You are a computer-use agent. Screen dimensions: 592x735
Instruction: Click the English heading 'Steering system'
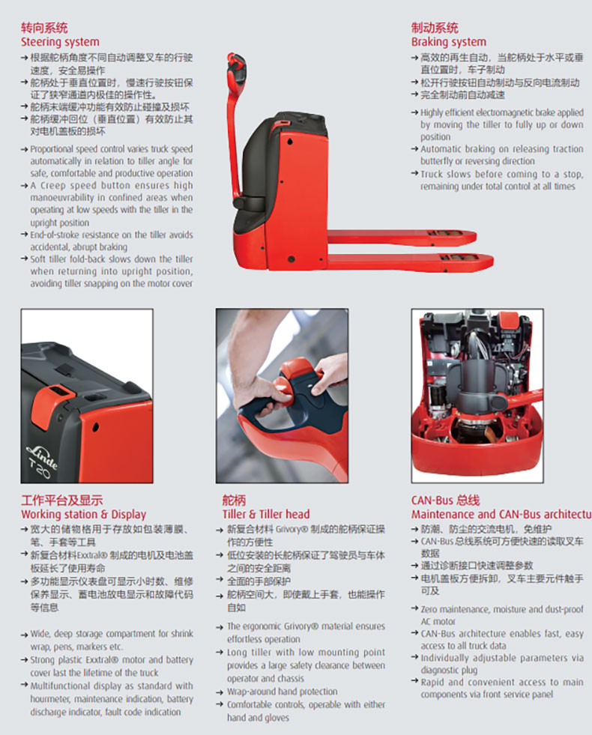coord(60,42)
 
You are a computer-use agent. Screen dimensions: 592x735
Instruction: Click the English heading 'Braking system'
coord(449,42)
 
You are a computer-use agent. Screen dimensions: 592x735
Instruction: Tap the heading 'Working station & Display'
coord(83,514)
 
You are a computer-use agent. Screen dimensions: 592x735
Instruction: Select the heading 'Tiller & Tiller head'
coord(266,514)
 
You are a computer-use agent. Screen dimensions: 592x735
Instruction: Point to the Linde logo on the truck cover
coord(42,456)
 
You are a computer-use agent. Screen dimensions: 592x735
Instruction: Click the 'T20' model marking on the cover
coord(39,470)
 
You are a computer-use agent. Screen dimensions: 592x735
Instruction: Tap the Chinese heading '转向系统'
coord(44,28)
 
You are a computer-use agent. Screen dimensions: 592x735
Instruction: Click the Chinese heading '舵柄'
coord(234,500)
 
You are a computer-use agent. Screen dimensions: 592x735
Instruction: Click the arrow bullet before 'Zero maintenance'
coord(414,608)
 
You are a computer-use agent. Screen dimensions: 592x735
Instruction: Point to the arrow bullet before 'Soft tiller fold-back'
coord(24,258)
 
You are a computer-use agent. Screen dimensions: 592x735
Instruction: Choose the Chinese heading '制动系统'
coord(435,28)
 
